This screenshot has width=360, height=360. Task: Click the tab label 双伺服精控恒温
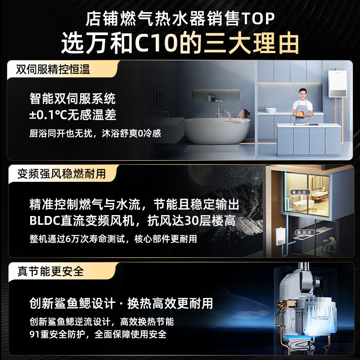coord(53,69)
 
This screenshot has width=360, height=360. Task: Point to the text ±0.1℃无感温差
coord(72,115)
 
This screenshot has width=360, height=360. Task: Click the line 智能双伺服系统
coord(72,98)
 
